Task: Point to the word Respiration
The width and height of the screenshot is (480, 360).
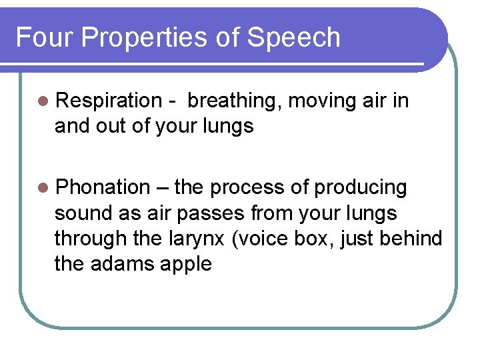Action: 109,101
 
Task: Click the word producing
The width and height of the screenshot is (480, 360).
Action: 360,188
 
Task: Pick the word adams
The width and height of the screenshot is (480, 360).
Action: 121,264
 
